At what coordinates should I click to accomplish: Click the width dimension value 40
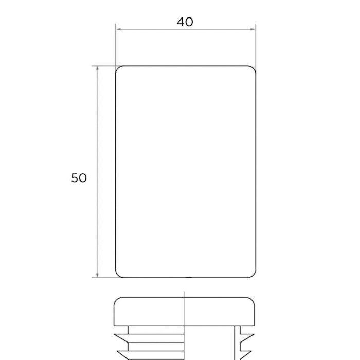[185, 22]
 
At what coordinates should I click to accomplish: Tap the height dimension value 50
[79, 178]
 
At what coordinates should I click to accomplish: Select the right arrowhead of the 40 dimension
[253, 29]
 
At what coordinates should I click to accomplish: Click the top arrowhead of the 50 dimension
[97, 68]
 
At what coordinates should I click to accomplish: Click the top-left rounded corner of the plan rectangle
[118, 68]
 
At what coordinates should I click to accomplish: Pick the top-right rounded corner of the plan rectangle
[254, 68]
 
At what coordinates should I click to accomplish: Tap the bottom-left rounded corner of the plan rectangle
[118, 275]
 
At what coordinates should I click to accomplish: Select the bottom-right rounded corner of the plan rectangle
[254, 275]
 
